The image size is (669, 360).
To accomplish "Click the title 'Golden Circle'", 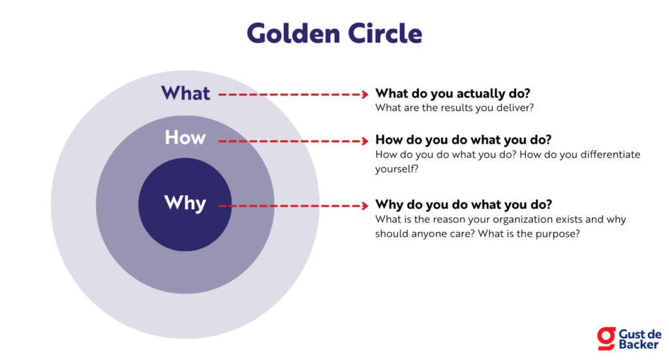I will click(x=334, y=33).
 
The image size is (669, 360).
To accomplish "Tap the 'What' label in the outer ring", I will click(x=186, y=93).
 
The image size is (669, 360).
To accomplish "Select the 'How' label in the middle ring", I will click(x=185, y=137).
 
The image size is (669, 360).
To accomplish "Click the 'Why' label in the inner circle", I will click(x=185, y=203).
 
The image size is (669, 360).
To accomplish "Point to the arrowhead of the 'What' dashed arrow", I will click(x=365, y=95).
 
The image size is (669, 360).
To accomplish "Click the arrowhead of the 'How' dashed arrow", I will click(x=365, y=140).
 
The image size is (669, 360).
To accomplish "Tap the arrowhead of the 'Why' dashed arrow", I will click(x=365, y=206).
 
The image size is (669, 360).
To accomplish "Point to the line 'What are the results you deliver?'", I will click(x=454, y=108).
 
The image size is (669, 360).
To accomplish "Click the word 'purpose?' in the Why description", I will click(x=558, y=233).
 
